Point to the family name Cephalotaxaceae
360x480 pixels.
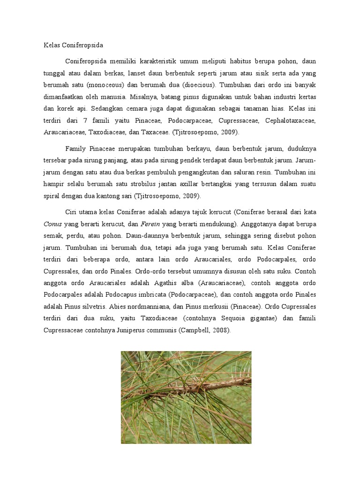(x=291, y=120)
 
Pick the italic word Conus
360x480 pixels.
(x=52, y=223)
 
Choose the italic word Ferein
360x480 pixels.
(x=153, y=223)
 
